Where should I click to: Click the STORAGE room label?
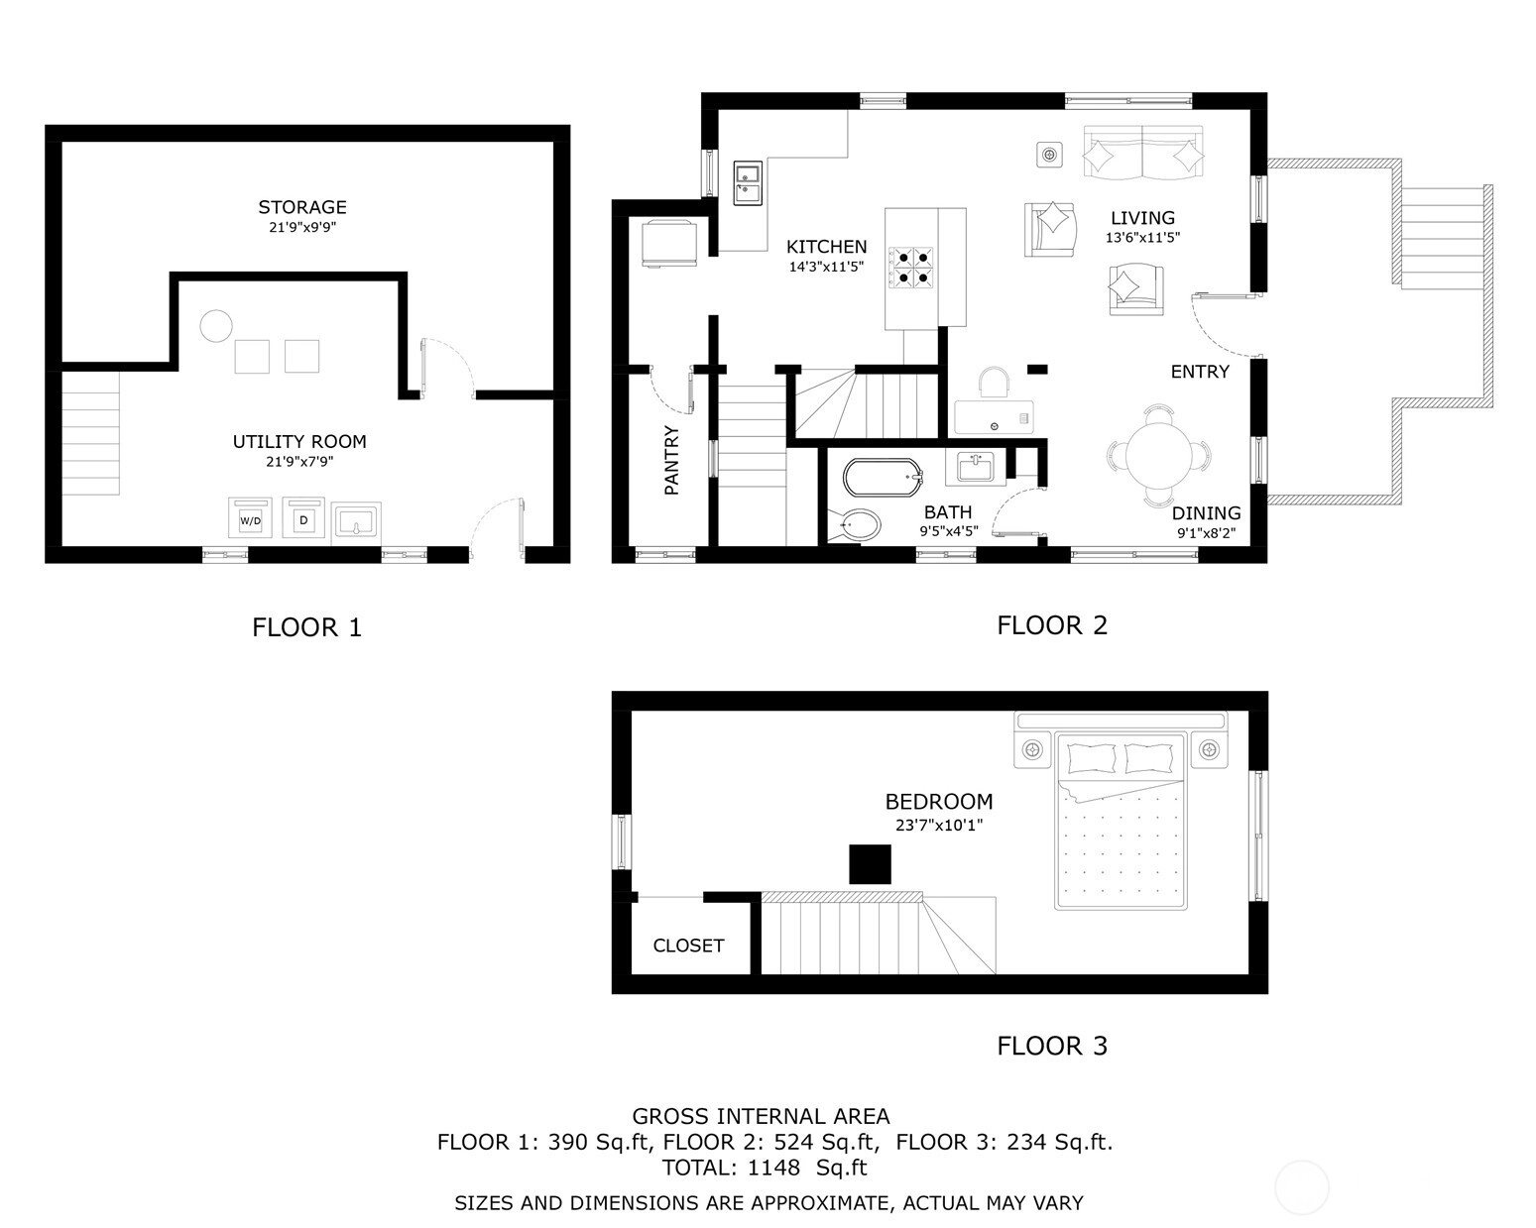301,207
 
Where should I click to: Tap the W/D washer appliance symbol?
250,517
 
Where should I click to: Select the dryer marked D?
303,517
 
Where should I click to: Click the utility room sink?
355,521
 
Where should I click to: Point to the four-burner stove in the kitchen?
910,267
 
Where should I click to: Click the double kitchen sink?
748,182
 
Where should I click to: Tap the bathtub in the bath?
883,478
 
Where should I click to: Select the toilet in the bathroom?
854,526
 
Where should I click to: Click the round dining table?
1158,455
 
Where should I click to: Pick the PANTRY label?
671,460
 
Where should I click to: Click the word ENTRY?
1200,371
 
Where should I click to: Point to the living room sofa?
1142,152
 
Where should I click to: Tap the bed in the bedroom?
1120,821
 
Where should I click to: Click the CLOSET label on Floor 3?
688,946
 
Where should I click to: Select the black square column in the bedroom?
870,864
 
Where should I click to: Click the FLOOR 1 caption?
307,627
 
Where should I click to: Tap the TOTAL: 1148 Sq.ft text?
764,1169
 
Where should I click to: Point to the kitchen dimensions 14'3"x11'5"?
826,267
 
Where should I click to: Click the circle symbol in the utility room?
215,326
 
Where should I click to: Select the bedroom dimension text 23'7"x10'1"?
939,825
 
